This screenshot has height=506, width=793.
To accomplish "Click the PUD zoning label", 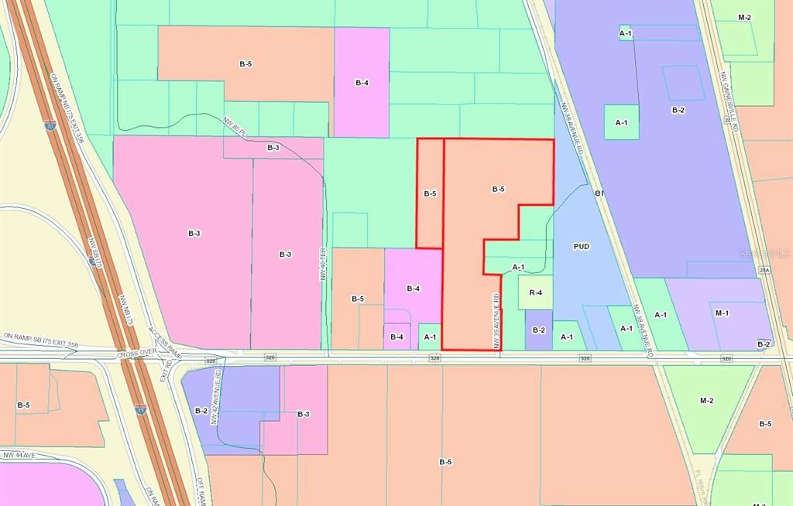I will tap(582, 247).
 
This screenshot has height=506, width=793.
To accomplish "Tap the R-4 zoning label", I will tap(536, 292).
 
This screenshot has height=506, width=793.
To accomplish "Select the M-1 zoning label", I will tap(722, 313).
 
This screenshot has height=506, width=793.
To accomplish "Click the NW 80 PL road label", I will tap(235, 127).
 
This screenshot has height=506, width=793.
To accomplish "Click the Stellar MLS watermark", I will tap(764, 253).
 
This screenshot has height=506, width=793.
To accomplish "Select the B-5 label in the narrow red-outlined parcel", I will tap(431, 194).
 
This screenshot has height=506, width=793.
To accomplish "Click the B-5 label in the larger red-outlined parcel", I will tap(498, 189).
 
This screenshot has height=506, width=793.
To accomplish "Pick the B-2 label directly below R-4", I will tap(538, 330).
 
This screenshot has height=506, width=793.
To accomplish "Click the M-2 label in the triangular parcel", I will tap(706, 400).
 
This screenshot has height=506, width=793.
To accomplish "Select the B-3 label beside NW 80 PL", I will tap(273, 147).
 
